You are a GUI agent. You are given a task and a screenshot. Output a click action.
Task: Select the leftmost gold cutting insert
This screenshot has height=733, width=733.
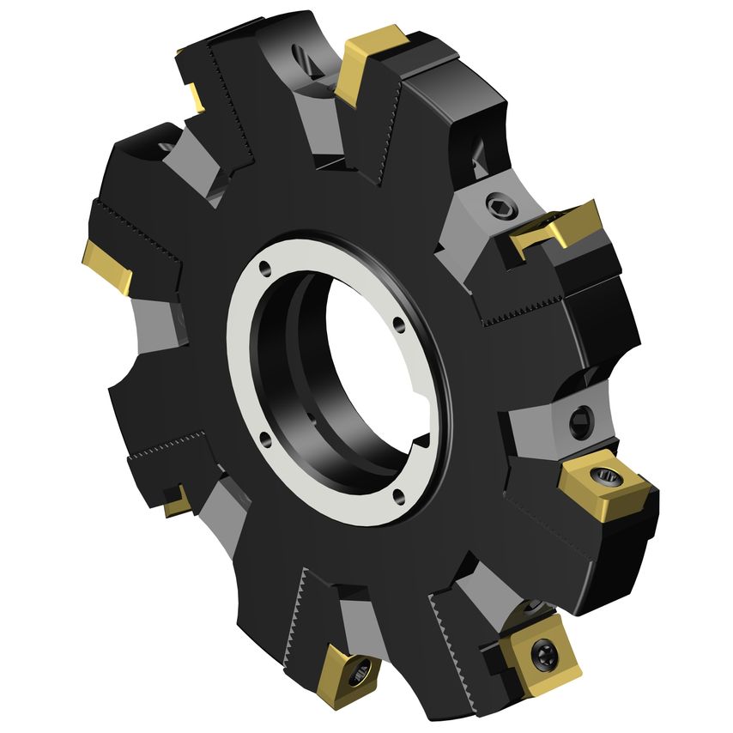(108, 267)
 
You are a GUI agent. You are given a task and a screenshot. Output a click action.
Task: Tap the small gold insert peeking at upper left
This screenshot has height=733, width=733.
(193, 93)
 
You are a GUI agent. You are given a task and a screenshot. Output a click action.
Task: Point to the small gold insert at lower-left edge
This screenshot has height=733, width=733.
(178, 501)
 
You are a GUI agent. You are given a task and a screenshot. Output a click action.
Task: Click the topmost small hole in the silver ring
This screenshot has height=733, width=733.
(265, 268)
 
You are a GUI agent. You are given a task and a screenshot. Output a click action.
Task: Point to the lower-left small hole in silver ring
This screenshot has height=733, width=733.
(264, 439)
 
